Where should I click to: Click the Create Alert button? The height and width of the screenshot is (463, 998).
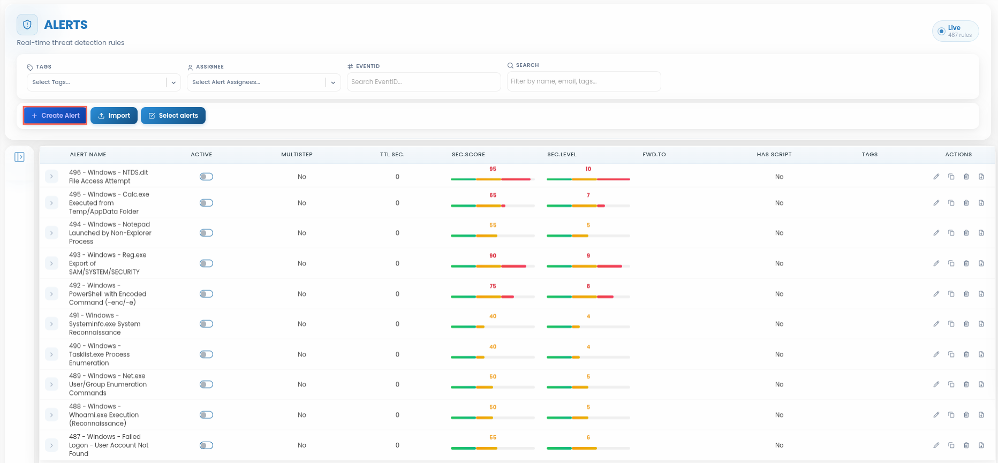55,116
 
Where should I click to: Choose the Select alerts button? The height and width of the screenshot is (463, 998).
173,116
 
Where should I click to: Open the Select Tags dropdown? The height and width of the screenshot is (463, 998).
103,82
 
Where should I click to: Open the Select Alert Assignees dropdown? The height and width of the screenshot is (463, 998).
264,82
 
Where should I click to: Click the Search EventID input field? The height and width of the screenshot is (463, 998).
424,82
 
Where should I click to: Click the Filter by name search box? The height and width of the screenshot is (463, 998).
584,81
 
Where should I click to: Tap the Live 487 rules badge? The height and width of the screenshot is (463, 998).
956,31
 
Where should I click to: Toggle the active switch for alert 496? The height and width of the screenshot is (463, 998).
206,177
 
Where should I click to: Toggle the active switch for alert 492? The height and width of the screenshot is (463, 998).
206,294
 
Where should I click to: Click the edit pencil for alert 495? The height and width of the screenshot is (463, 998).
936,203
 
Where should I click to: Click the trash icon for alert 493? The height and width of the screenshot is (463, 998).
966,263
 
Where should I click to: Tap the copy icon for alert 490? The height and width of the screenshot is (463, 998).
951,354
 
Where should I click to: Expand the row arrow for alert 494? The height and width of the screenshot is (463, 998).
51,233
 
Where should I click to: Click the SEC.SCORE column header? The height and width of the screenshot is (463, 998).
468,155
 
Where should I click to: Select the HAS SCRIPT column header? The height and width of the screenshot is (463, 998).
774,155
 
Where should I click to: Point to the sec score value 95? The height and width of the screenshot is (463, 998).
493,169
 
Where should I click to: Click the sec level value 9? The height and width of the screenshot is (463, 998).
588,256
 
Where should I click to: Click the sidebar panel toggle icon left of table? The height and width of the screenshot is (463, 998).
20,157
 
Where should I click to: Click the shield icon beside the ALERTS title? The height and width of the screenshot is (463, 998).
27,25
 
